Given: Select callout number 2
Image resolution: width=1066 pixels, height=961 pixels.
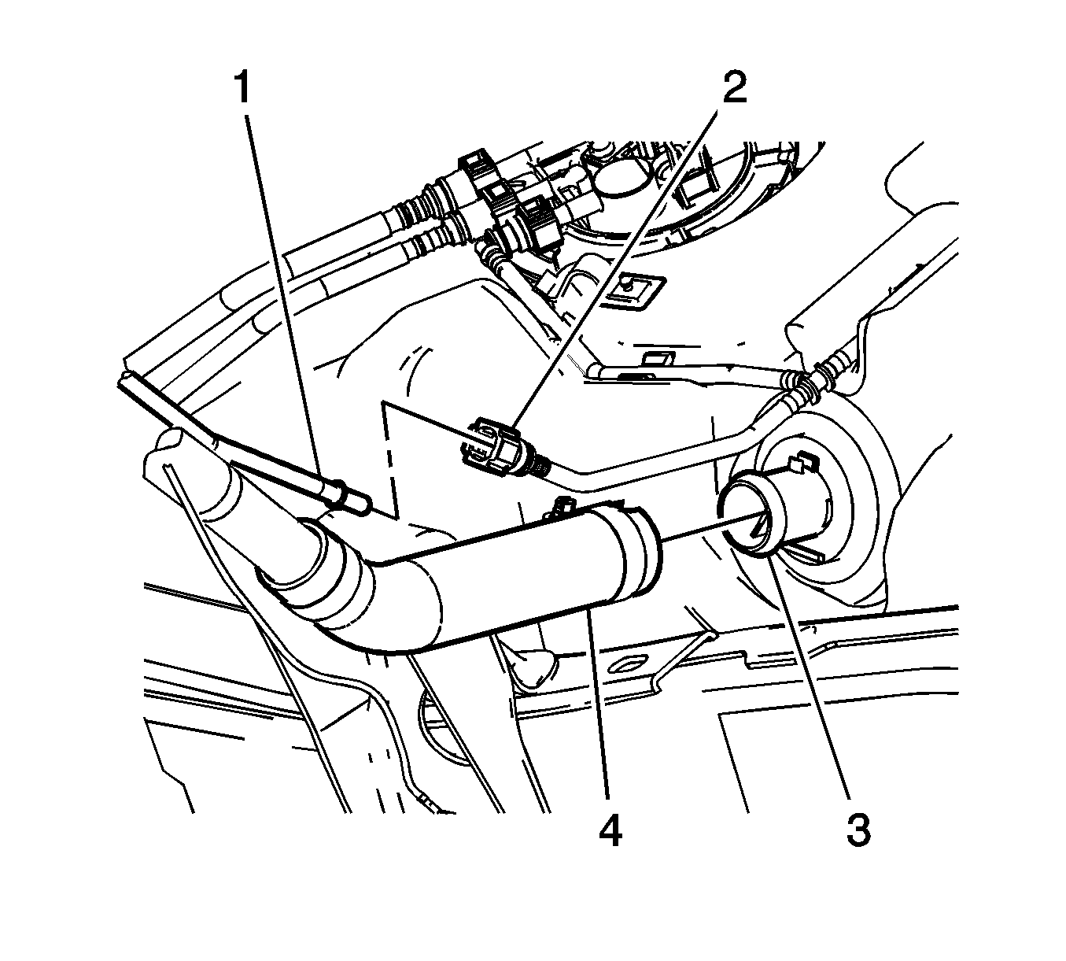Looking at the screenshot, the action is (735, 87).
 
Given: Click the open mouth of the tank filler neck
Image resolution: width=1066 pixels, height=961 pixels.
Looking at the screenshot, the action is (741, 524).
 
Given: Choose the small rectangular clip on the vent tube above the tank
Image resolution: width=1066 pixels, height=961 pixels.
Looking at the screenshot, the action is (658, 357).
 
